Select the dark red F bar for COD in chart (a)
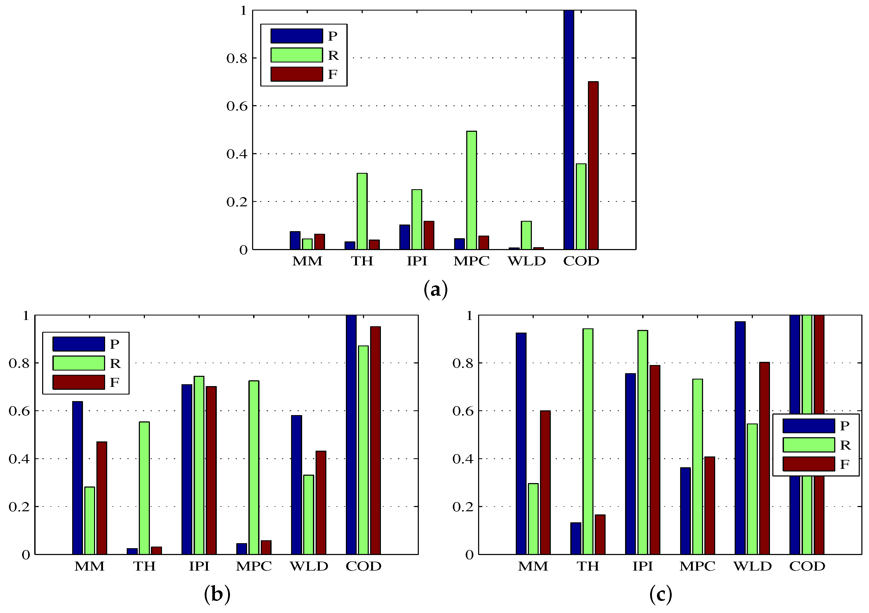pyautogui.click(x=593, y=166)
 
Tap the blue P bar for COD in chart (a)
pyautogui.click(x=568, y=130)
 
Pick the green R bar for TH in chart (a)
pyautogui.click(x=362, y=211)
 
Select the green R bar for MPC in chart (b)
pyautogui.click(x=254, y=467)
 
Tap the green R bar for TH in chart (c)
pyautogui.click(x=588, y=441)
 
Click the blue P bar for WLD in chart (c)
pyautogui.click(x=740, y=438)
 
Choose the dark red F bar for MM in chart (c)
pyautogui.click(x=545, y=482)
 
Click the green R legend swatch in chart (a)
pyautogui.click(x=296, y=55)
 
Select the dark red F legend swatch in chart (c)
pyautogui.click(x=808, y=464)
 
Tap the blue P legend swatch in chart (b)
pyautogui.click(x=78, y=344)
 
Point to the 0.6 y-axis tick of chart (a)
pyautogui.click(x=236, y=106)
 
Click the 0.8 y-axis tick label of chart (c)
pyautogui.click(x=463, y=363)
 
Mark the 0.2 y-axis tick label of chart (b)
pyautogui.click(x=19, y=507)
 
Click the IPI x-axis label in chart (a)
pyautogui.click(x=417, y=261)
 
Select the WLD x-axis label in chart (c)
pyautogui.click(x=752, y=566)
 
